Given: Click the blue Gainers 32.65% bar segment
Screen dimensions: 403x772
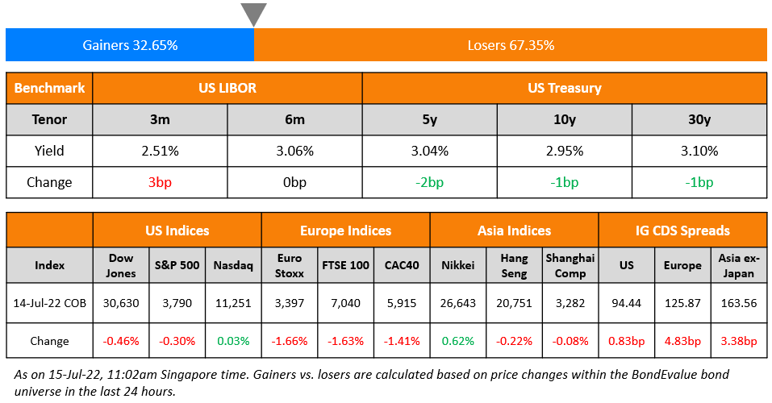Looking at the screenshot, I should (130, 45).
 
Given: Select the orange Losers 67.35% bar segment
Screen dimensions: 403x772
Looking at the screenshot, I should (511, 45).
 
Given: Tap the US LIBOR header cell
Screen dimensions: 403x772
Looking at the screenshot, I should (227, 88).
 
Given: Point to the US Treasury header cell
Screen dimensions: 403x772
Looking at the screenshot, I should (564, 88).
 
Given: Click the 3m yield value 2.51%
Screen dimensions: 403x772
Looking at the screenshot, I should (160, 151).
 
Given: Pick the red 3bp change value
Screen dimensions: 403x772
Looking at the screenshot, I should (160, 182).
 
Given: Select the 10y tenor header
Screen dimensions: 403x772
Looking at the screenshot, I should (564, 119).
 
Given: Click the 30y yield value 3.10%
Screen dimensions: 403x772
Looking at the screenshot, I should (699, 151).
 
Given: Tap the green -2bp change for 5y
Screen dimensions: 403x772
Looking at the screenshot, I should (429, 182).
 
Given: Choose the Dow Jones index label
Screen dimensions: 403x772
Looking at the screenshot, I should (120, 265).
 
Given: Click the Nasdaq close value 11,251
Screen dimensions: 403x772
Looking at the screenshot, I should (233, 303).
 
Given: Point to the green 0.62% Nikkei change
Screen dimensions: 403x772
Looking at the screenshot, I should (458, 341).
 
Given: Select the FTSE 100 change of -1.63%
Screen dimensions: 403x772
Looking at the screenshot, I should (345, 341).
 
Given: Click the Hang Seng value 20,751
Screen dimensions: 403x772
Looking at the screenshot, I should (514, 303).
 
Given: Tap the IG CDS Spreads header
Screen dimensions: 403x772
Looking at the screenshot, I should (682, 231).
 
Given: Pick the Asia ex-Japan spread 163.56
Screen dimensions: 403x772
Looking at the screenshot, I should (738, 303).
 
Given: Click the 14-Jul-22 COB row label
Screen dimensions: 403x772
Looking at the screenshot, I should (50, 303).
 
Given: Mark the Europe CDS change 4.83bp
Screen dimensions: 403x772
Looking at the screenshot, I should (682, 341).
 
